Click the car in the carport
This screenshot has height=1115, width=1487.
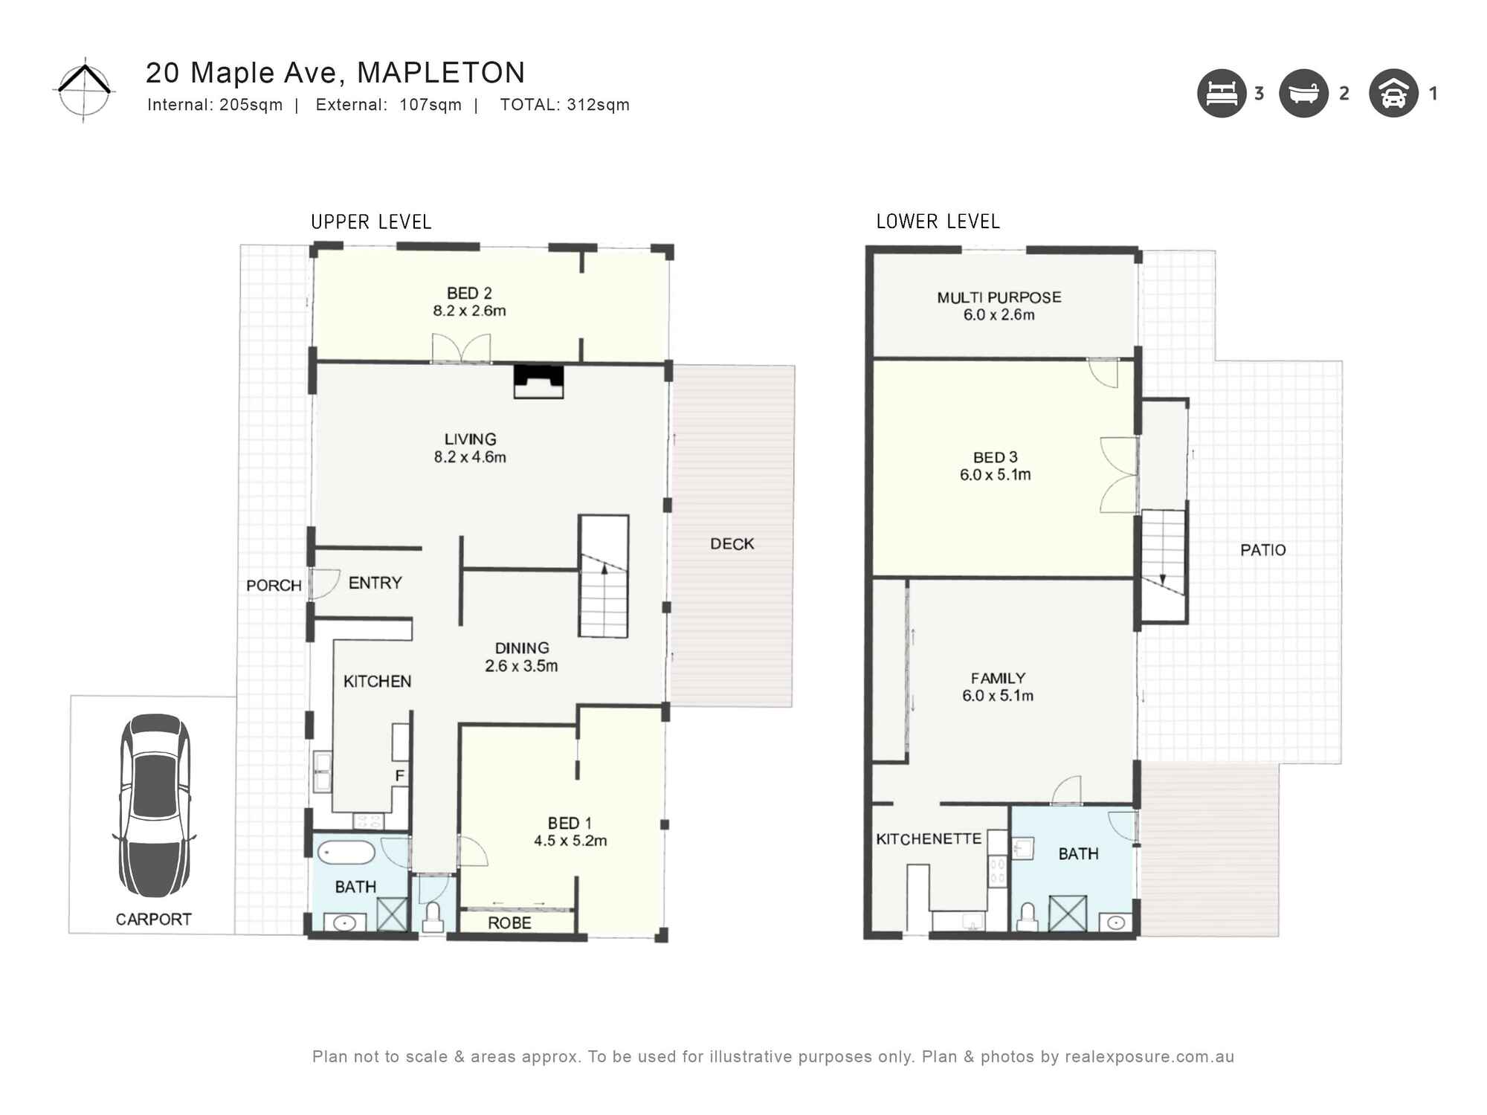[x=155, y=806]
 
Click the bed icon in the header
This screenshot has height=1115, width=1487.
[x=1221, y=94]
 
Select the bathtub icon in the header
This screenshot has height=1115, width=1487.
[x=1303, y=94]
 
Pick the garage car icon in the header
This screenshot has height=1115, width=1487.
[x=1393, y=94]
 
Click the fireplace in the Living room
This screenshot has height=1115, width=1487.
[x=538, y=381]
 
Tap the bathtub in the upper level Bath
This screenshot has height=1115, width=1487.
[x=346, y=853]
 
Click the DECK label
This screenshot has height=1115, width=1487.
[x=732, y=544]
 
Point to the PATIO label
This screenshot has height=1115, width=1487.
[x=1262, y=550]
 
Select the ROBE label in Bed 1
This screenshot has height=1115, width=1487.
[x=509, y=923]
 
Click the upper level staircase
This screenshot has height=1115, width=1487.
[x=604, y=576]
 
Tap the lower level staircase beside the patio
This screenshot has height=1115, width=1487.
[x=1163, y=565]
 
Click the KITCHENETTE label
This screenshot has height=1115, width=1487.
[x=929, y=839]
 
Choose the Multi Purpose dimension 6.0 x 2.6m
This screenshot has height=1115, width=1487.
[x=999, y=315]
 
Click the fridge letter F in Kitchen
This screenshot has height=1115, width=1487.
[x=399, y=776]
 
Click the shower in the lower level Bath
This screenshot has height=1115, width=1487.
[x=1068, y=914]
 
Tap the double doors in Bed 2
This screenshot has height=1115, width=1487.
[x=461, y=348]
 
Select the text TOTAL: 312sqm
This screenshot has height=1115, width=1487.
[x=564, y=105]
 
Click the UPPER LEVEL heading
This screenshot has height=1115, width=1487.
[x=371, y=222]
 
